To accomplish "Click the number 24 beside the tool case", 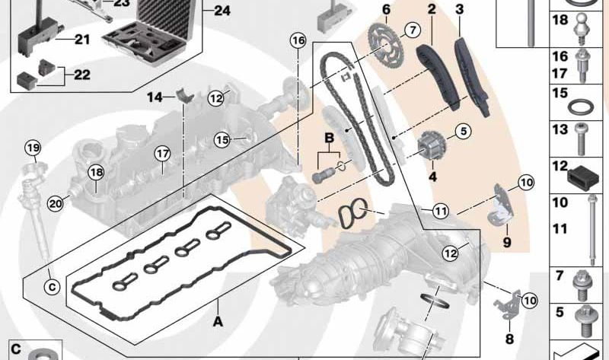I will tap(220, 11).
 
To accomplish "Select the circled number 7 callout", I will tap(412, 30).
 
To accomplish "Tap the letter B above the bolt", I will tap(330, 138).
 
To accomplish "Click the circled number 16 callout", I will tap(298, 40).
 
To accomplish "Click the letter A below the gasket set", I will tap(218, 322).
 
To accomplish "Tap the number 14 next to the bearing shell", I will tap(155, 97).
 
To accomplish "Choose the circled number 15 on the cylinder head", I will tap(222, 139).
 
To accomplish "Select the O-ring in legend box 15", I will tap(582, 104).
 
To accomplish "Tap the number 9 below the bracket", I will tap(506, 244).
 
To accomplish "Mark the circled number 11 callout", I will tap(441, 211).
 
